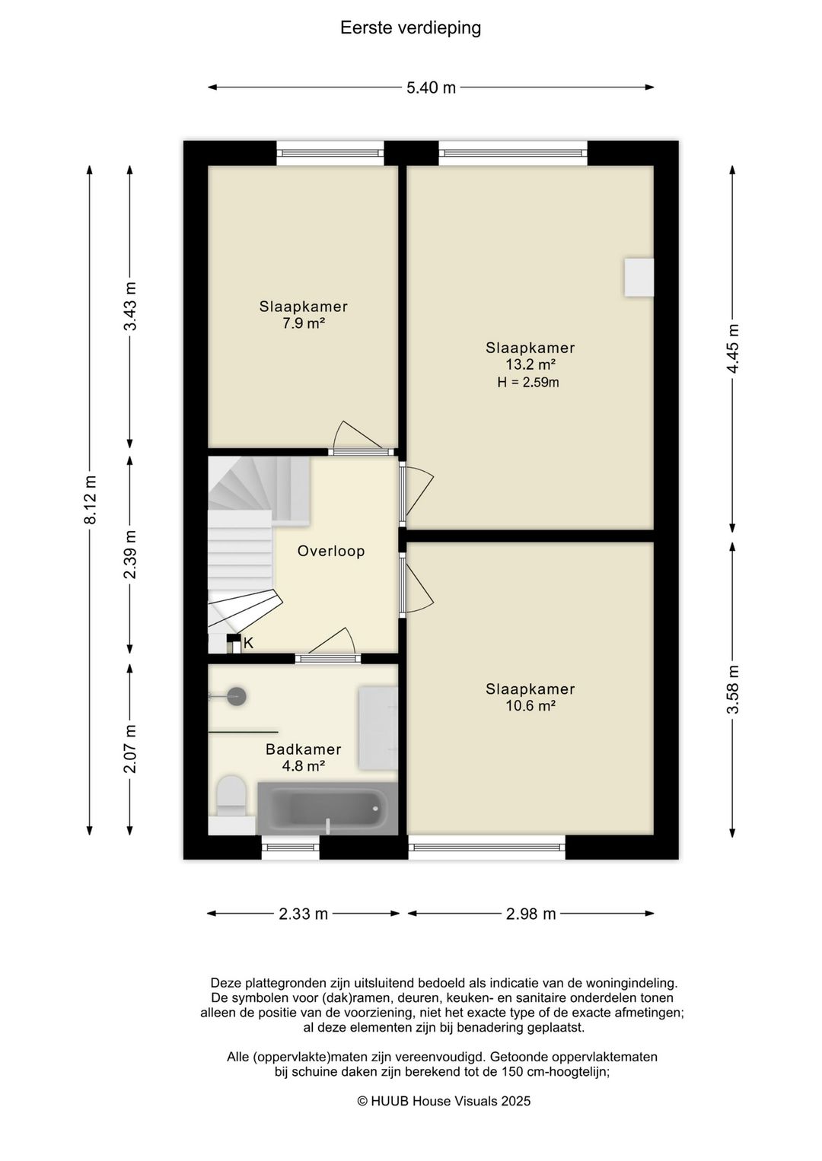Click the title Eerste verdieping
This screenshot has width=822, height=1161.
410,28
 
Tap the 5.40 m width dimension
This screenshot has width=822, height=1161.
431,87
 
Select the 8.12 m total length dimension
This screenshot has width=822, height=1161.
91,500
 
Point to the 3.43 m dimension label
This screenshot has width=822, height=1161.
130,306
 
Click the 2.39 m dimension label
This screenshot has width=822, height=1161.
130,554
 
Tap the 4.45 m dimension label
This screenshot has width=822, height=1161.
732,348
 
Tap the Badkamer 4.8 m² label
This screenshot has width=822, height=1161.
304,757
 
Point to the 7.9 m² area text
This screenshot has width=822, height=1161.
304,323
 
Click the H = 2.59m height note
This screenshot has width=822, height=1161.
528,383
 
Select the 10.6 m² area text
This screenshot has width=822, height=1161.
530,705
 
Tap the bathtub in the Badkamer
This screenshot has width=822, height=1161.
328,809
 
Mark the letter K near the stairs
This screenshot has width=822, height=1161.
248,643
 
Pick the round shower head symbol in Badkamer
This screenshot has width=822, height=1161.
237,696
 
